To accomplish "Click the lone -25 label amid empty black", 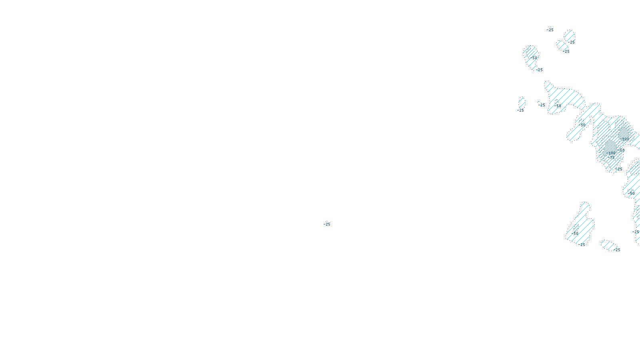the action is pos(327,224).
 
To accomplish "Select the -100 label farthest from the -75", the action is pos(625,139).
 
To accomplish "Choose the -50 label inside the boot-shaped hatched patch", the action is pos(576,234).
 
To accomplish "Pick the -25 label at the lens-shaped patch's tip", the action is pos(617,250).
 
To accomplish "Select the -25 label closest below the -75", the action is pos(619,169).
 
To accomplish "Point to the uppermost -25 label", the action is pos(550,30).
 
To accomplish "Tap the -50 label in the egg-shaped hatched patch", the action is pos(533,58).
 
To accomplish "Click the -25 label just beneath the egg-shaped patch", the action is pos(539,70).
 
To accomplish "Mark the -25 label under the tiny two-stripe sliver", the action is pos(520,110).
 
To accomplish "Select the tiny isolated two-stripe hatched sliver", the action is pos(522,102).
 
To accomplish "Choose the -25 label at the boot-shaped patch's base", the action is pos(582,245).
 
